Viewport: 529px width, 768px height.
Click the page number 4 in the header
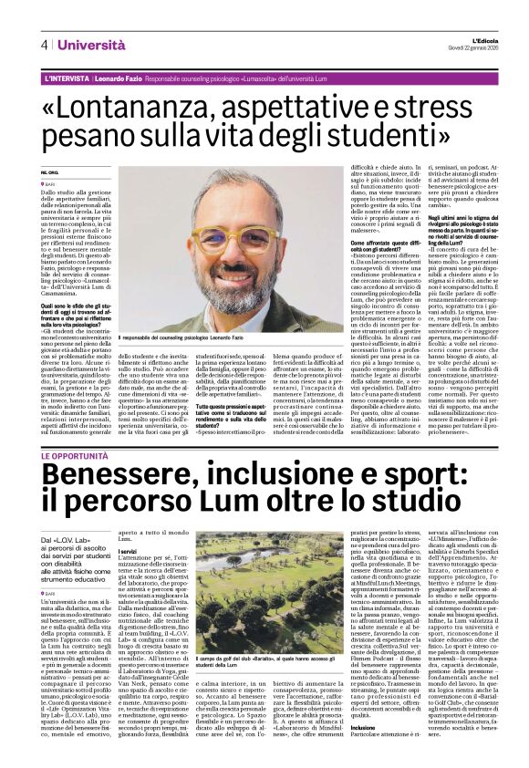pyautogui.click(x=43, y=44)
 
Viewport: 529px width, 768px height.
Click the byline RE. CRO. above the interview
pyautogui.click(x=49, y=172)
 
